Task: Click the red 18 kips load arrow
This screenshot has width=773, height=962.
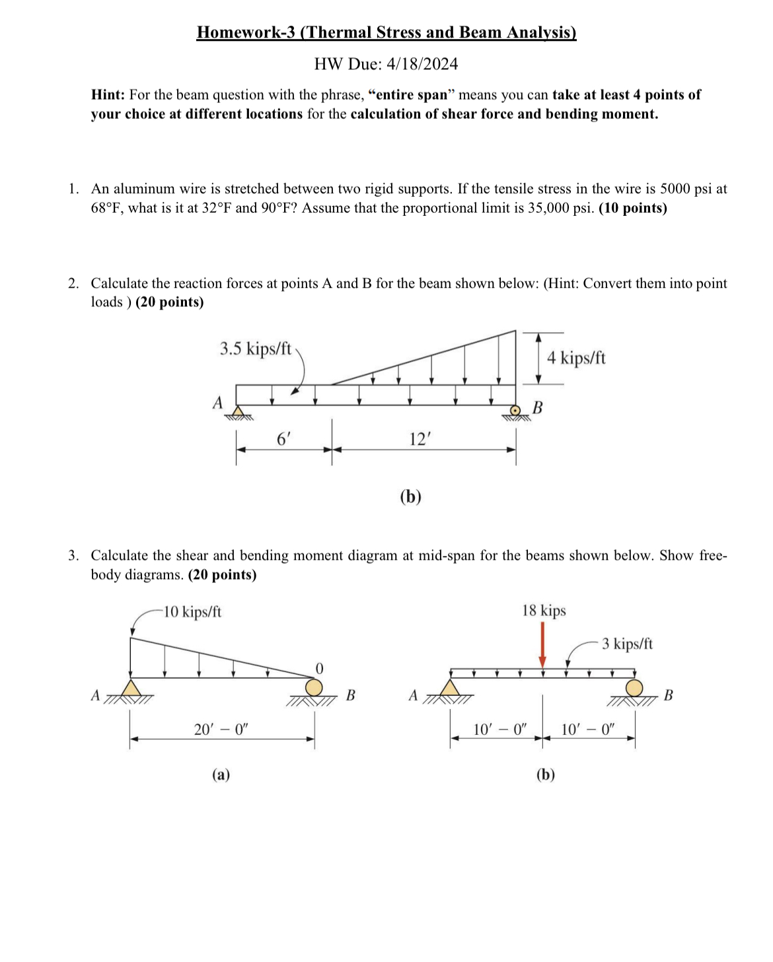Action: (542, 644)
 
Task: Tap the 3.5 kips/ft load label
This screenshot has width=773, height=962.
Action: (255, 349)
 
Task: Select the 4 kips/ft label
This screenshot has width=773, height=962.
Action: (575, 358)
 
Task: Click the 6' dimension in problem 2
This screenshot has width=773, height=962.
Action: (283, 438)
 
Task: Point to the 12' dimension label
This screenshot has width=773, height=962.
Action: (420, 438)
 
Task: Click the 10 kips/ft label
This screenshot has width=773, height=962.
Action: (192, 611)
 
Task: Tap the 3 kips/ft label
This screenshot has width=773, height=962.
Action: (627, 644)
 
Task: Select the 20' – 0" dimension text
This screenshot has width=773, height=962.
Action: (221, 730)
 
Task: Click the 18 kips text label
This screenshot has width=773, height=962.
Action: (544, 610)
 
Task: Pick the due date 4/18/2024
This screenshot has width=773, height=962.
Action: (422, 64)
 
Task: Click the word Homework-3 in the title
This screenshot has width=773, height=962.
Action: (246, 32)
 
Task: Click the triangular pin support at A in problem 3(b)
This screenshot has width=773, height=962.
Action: (450, 688)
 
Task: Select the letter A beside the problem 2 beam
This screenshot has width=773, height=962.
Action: (218, 402)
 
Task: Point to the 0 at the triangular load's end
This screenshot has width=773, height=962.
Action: (319, 668)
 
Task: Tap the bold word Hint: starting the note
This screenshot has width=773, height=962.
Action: (108, 94)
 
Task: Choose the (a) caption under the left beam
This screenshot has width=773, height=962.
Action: (221, 774)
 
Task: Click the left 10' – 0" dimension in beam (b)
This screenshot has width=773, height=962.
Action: (499, 730)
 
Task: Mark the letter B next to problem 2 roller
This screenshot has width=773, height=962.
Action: (537, 407)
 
